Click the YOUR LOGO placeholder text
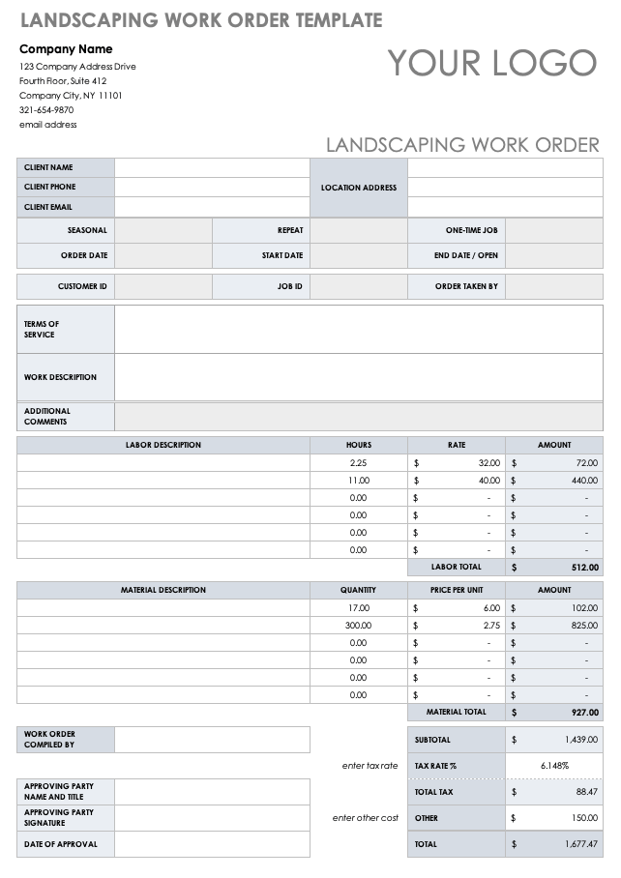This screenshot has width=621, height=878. [x=492, y=63]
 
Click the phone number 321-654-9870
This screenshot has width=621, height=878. [x=46, y=110]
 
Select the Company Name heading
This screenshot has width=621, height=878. [x=66, y=49]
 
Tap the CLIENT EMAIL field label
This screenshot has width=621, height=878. [x=48, y=207]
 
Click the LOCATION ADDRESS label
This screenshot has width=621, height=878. [x=359, y=188]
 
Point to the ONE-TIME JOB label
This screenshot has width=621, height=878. [x=471, y=230]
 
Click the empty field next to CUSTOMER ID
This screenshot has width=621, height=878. [x=163, y=287]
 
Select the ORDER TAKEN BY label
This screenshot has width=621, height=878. [x=466, y=287]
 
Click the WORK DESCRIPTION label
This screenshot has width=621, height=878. [x=60, y=377]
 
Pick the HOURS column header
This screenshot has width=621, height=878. [x=358, y=445]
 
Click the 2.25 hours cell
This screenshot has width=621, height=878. [x=358, y=463]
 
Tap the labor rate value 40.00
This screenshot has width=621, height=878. [x=489, y=481]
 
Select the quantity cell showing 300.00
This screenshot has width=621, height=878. [x=357, y=626]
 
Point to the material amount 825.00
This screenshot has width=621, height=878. [x=584, y=626]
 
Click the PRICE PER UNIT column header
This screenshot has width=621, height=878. [x=457, y=590]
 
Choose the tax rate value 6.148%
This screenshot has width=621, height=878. [x=554, y=766]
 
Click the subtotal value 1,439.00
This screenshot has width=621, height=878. [x=580, y=740]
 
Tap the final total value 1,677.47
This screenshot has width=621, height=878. [x=580, y=844]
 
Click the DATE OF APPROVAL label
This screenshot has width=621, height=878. [x=60, y=844]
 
